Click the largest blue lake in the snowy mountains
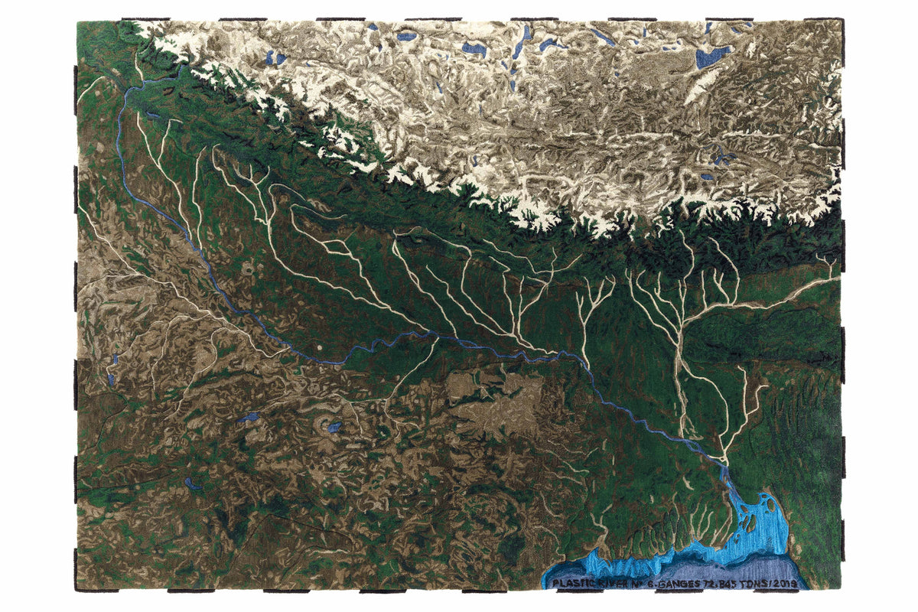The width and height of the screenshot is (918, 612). (712, 56)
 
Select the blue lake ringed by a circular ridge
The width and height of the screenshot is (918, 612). (334, 427)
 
